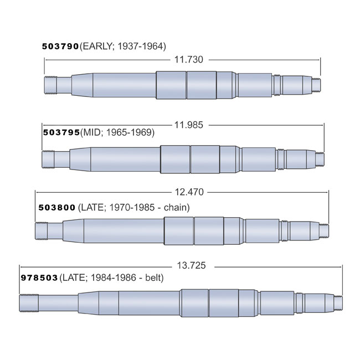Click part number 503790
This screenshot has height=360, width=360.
[x=61, y=47]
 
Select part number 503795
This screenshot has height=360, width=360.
[x=61, y=133]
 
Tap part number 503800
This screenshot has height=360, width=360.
[x=56, y=208]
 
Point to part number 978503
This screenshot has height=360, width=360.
[x=39, y=277]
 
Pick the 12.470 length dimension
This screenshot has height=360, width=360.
[x=189, y=192]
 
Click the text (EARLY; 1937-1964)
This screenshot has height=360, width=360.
[x=123, y=47]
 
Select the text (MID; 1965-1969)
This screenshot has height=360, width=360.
[x=117, y=133]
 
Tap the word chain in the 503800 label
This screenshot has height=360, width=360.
[x=178, y=208]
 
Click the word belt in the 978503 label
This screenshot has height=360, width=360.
[x=154, y=277]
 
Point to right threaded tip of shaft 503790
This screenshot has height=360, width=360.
[x=316, y=85]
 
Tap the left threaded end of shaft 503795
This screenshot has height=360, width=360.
[x=49, y=159]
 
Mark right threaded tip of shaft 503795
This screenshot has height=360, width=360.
[x=320, y=158]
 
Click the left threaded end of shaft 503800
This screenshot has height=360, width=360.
[x=42, y=230]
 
